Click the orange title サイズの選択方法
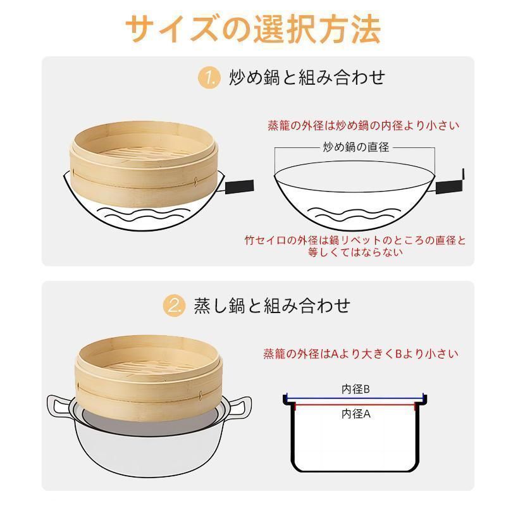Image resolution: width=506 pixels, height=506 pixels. pyautogui.click(x=254, y=29)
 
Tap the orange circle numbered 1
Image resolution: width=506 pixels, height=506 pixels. pyautogui.click(x=209, y=78)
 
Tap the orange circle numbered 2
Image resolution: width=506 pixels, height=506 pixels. pyautogui.click(x=175, y=305)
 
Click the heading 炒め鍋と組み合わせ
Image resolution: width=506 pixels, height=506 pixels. pyautogui.click(x=307, y=77)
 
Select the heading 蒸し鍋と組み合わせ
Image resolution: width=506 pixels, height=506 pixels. pyautogui.click(x=272, y=305)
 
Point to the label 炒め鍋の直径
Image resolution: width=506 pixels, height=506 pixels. pyautogui.click(x=356, y=147)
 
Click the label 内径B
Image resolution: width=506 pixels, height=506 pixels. pyautogui.click(x=355, y=389)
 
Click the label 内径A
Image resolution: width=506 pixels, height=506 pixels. pyautogui.click(x=355, y=414)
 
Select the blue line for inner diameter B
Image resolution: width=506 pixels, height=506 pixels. pyautogui.click(x=355, y=399)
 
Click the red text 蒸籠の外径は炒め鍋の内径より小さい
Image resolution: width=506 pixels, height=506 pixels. pyautogui.click(x=363, y=125)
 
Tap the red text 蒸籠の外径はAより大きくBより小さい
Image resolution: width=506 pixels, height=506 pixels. pyautogui.click(x=361, y=354)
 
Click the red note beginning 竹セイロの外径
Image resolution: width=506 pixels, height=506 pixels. pyautogui.click(x=355, y=246)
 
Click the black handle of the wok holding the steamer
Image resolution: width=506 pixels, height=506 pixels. pyautogui.click(x=239, y=187)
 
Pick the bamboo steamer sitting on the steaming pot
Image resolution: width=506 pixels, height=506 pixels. pyautogui.click(x=149, y=378)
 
